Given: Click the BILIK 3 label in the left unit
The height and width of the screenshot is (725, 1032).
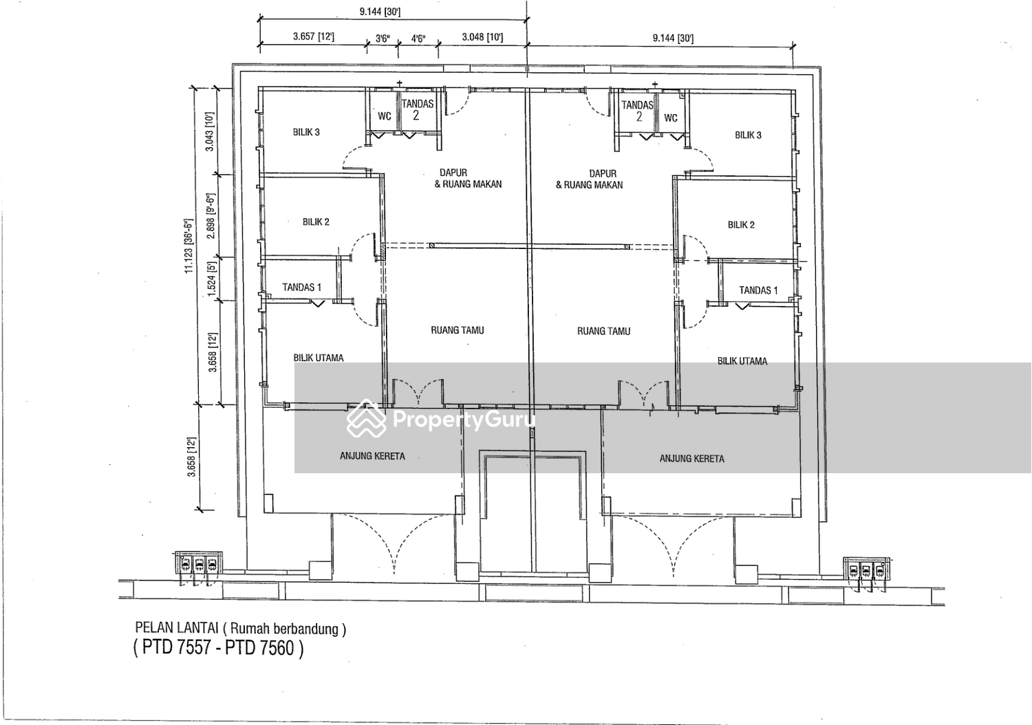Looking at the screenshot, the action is [x=306, y=132].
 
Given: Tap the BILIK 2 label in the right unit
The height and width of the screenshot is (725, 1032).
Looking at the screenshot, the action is [x=741, y=225].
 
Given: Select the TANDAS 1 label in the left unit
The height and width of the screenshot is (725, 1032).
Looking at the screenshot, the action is [x=302, y=288].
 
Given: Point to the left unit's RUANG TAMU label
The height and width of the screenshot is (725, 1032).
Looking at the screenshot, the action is [x=458, y=330].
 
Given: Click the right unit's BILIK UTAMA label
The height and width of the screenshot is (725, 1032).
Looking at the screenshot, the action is [x=742, y=361].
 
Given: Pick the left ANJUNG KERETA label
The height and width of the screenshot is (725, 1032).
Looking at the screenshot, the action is [x=372, y=456].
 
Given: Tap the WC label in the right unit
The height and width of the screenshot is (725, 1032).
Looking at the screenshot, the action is [x=670, y=118].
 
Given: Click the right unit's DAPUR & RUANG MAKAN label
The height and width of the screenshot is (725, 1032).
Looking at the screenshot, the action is [x=589, y=179].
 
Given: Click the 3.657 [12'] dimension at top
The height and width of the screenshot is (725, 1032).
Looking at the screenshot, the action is [x=313, y=36].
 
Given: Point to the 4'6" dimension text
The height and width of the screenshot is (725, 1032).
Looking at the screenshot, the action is [x=418, y=39].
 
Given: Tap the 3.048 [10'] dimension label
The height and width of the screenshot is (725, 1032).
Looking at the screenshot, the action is [x=482, y=37].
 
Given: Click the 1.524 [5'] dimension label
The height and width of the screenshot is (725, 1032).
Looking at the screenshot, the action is [x=211, y=279].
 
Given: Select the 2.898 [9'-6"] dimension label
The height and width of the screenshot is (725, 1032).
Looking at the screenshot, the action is [x=211, y=216].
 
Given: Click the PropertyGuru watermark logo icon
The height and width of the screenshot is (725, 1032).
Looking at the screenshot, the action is [x=366, y=419].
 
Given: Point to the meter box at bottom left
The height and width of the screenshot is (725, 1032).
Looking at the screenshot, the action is [x=199, y=563].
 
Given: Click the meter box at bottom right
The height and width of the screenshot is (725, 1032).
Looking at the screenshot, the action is [x=867, y=570].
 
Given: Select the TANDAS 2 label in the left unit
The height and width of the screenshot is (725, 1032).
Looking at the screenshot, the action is [x=418, y=109].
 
